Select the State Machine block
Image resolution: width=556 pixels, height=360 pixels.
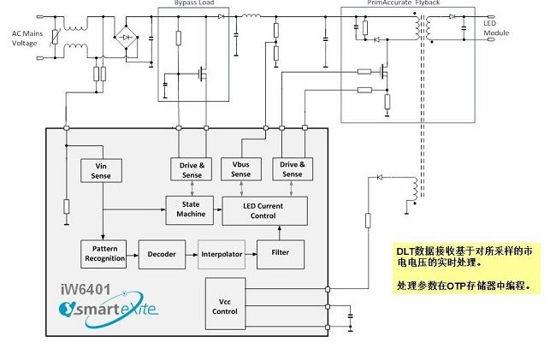click(191, 208)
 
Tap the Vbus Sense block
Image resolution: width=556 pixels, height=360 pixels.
click(240, 168)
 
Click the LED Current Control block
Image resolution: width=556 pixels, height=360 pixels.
click(264, 210)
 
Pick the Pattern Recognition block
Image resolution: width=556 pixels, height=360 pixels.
click(105, 253)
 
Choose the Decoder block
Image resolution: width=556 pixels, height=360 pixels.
click(162, 254)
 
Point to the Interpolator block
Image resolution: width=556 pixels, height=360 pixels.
click(222, 254)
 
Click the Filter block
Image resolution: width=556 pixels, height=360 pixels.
click(280, 254)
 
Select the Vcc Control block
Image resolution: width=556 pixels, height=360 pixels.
click(225, 305)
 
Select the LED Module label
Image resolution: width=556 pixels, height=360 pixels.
click(496, 27)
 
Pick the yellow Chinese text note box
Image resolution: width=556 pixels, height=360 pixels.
click(467, 268)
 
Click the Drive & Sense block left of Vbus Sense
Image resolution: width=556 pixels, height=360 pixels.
click(191, 168)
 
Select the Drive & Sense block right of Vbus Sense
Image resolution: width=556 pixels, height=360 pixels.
click(292, 168)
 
